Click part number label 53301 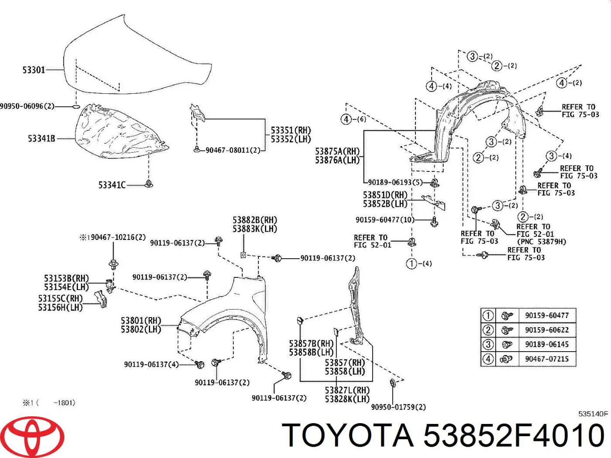[34, 70]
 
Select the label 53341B [41, 139]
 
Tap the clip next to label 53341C [149, 184]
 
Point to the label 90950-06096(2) [27, 106]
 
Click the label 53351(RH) [290, 130]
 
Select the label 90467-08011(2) [233, 150]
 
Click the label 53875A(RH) [337, 151]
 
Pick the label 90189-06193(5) [395, 182]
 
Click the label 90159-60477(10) [384, 220]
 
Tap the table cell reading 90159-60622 [546, 330]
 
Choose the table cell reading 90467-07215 [546, 359]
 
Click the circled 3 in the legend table [487, 345]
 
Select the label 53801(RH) [141, 321]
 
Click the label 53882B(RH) [254, 220]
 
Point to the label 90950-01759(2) [398, 407]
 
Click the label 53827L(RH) [347, 390]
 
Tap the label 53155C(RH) [60, 299]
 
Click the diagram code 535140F [593, 414]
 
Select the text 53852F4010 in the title [514, 435]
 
